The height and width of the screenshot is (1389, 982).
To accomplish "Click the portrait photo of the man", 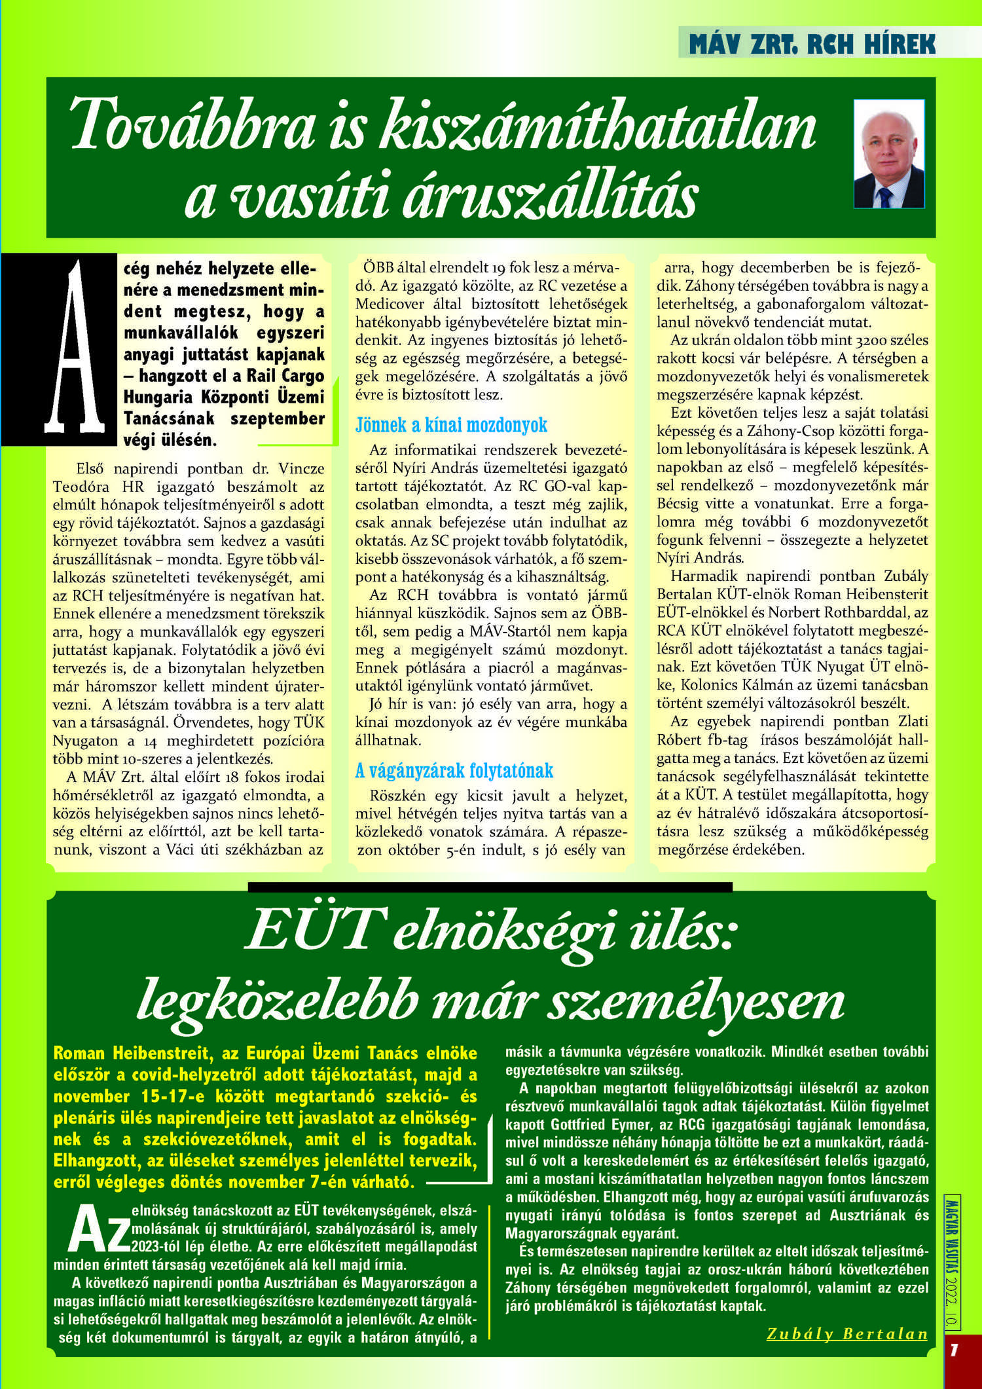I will click(889, 154).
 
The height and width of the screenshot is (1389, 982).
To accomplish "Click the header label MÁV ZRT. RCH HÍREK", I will click(812, 44).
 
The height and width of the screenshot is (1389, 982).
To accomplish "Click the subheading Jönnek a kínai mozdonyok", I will click(451, 426).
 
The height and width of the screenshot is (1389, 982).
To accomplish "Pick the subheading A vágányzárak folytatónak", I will click(454, 771).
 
